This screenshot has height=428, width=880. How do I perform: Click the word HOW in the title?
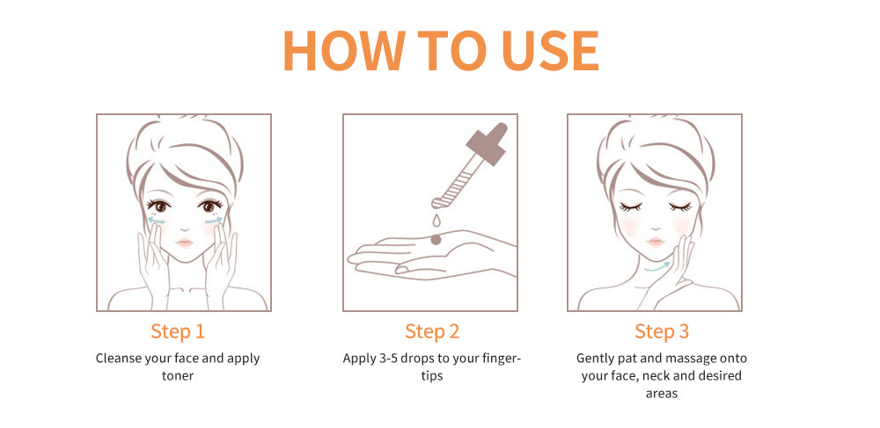(344, 50)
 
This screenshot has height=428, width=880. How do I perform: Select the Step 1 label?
(178, 331)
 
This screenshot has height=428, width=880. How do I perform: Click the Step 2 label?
(432, 331)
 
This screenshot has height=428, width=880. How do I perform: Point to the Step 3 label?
(662, 331)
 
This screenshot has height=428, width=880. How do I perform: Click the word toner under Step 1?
(178, 376)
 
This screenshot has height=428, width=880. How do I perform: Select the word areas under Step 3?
(662, 393)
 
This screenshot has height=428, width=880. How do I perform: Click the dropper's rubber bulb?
(488, 143)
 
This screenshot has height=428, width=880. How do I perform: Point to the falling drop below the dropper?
(436, 221)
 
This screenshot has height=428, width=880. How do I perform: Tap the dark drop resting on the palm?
(436, 240)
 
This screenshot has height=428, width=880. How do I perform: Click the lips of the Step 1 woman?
(185, 243)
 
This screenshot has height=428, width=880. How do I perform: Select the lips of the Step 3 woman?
(655, 242)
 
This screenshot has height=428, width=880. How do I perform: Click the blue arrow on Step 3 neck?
(656, 268)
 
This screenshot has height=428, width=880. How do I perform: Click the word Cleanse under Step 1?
(117, 359)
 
